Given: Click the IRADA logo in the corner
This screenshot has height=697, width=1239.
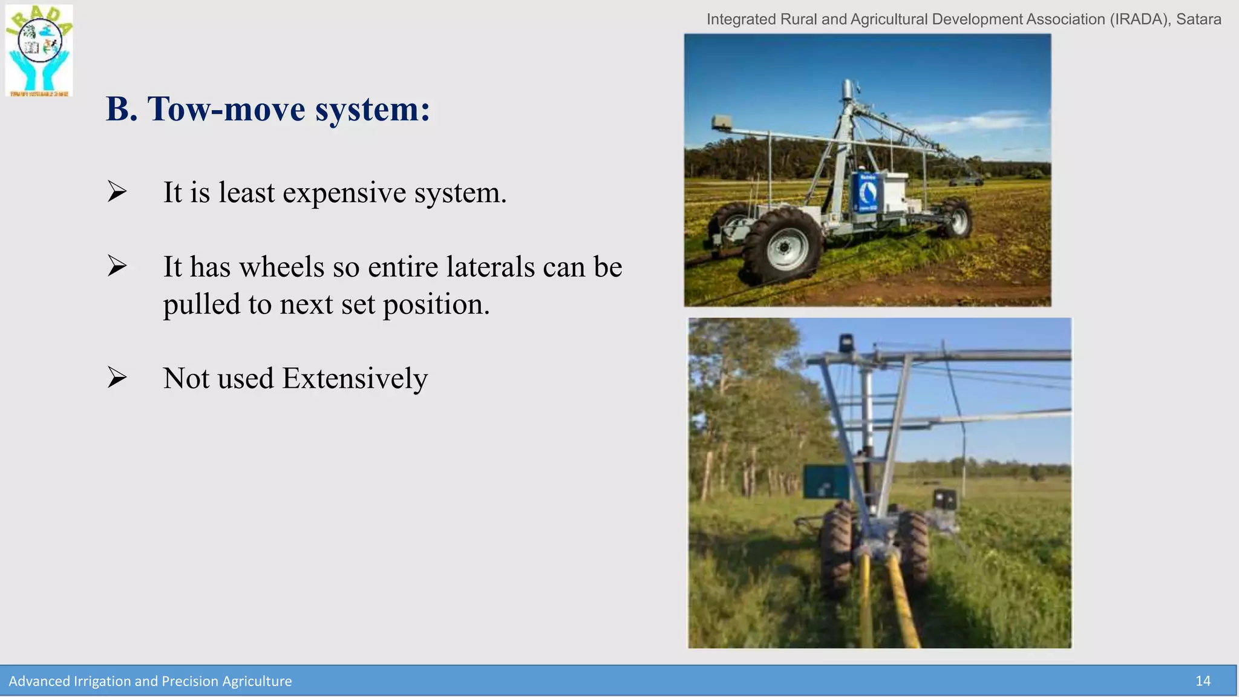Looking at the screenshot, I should coord(39,50).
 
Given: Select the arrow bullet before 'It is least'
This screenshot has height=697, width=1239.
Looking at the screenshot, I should coord(117,192).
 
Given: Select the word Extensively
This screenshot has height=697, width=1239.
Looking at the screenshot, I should coord(355,379).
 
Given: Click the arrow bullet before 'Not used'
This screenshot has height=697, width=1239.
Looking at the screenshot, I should coord(117,378).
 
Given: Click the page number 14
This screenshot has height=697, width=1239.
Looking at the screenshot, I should coord(1203,681).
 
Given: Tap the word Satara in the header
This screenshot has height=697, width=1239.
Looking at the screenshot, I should coord(1198,19).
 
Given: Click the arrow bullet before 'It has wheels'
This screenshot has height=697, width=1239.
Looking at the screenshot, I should coord(117,266).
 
